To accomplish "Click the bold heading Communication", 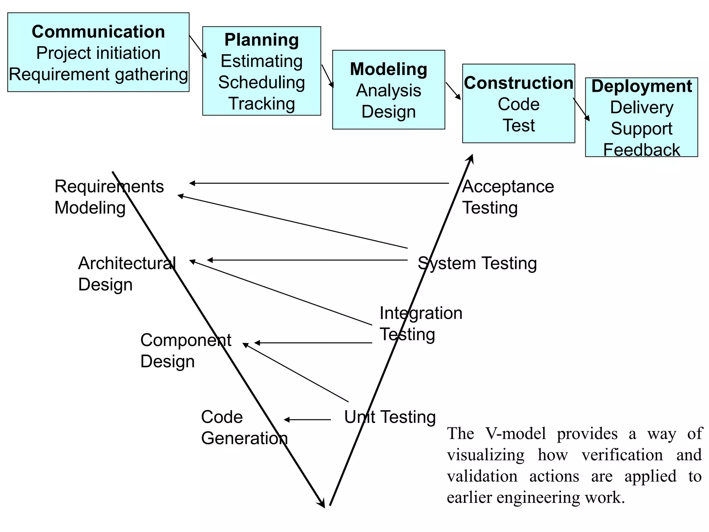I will (x=98, y=32).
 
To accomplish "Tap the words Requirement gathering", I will (x=98, y=74).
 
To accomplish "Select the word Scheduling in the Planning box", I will (x=262, y=82).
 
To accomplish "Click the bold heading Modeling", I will (x=388, y=69).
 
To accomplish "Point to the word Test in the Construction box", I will (x=518, y=125).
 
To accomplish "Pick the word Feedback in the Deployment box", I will (x=641, y=150).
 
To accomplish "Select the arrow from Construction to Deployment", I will (x=581, y=109).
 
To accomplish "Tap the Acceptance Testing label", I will (x=508, y=197).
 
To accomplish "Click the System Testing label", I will (x=477, y=263).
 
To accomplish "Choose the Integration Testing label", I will (x=421, y=323).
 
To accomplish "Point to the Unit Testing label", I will (x=390, y=417).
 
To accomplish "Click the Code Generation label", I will (x=244, y=427).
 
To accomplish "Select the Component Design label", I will (x=186, y=351).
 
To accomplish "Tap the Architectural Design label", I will (x=127, y=274).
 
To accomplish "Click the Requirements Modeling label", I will (x=109, y=197).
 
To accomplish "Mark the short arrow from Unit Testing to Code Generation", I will (x=307, y=419).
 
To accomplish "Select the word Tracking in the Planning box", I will (x=262, y=104).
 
